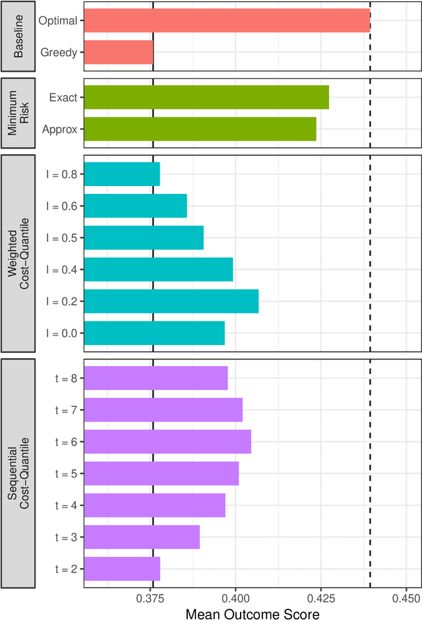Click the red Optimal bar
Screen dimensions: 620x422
click(227, 20)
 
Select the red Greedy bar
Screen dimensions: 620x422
click(118, 52)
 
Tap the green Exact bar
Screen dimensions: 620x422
click(206, 98)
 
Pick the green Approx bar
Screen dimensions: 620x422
click(200, 129)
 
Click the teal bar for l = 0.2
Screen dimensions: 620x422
click(171, 301)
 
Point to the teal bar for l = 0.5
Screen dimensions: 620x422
click(144, 238)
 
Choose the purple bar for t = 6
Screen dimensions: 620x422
click(167, 441)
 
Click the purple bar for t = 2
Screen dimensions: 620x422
click(122, 568)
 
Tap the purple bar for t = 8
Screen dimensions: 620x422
click(156, 378)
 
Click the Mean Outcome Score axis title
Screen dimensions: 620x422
click(253, 613)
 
